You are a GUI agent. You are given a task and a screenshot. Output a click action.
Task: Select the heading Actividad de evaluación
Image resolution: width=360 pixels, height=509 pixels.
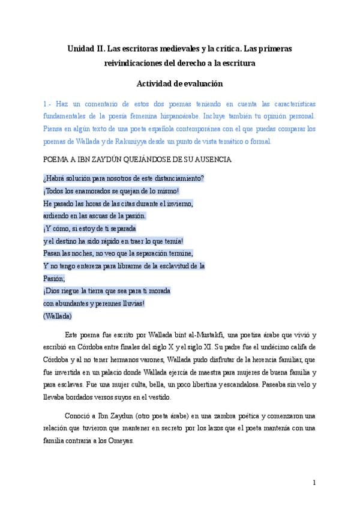point(179,84)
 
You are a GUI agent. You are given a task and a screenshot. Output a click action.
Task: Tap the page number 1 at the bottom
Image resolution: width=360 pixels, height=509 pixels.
point(314,483)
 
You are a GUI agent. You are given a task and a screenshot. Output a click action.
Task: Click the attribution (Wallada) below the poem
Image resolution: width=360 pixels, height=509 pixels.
point(58,316)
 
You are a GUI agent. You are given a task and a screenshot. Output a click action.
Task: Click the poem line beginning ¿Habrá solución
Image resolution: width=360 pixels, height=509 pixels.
point(124,178)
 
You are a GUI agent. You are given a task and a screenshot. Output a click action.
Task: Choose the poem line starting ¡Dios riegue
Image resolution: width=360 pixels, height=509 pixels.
point(107,291)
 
